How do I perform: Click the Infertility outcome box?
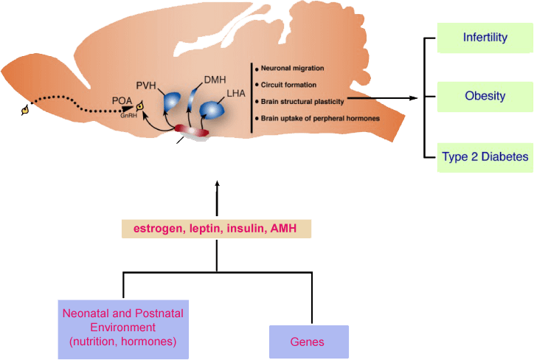(x=485, y=38)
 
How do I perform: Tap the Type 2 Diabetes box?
(x=485, y=156)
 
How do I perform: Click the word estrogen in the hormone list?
(x=155, y=229)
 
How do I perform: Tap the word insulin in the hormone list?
(x=240, y=229)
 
